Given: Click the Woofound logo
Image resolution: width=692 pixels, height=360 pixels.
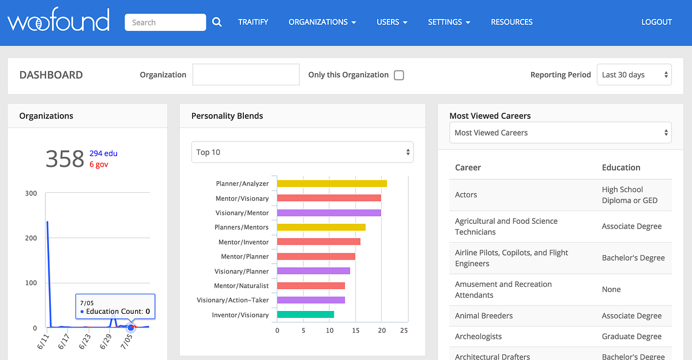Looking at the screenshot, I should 58,22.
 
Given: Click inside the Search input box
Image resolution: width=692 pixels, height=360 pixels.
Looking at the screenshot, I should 165,22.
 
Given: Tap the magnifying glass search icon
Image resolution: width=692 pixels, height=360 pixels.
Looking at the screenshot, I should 217,22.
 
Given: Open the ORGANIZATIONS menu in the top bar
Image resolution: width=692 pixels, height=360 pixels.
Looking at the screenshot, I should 322,22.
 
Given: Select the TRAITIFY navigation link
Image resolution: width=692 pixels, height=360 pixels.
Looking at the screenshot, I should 253,22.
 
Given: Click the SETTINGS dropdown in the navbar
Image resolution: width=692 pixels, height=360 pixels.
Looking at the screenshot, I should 449,22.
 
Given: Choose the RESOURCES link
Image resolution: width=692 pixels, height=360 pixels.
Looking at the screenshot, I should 512,22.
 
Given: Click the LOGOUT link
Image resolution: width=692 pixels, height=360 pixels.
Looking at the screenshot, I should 656,22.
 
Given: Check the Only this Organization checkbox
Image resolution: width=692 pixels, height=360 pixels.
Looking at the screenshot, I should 398,75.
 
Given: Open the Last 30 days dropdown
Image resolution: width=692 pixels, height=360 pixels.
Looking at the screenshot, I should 634,75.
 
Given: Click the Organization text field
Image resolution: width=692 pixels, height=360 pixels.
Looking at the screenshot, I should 246,75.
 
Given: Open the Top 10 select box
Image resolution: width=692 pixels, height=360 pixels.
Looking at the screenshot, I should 302,152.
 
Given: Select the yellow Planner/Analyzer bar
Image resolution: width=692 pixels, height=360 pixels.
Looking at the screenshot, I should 332,183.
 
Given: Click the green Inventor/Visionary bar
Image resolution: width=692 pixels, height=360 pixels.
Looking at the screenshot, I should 306,315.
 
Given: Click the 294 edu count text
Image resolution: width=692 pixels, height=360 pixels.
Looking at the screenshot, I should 103,153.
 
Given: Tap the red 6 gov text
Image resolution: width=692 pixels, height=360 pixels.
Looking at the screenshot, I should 99,164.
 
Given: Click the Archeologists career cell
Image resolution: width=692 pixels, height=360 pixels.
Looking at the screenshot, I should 478,336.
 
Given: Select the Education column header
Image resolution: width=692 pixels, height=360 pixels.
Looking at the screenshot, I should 620,167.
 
